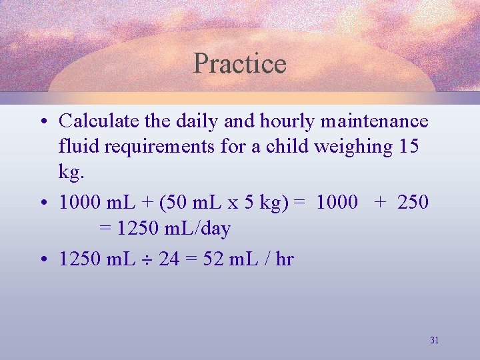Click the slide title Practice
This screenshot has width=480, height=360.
tap(239, 63)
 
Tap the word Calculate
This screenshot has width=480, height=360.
tap(99, 121)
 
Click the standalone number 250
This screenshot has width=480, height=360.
tap(413, 202)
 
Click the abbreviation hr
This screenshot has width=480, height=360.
tap(284, 259)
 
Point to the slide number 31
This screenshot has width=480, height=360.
tap(434, 340)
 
